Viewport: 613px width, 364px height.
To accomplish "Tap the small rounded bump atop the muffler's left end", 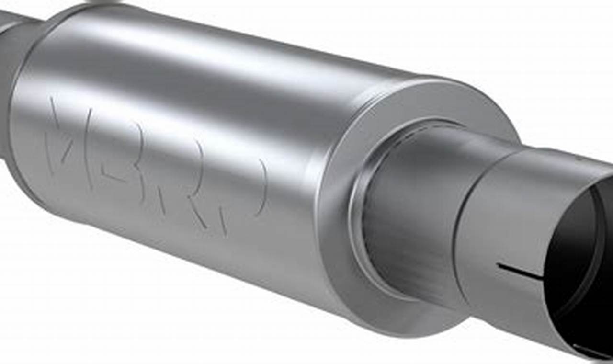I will click(x=103, y=2).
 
